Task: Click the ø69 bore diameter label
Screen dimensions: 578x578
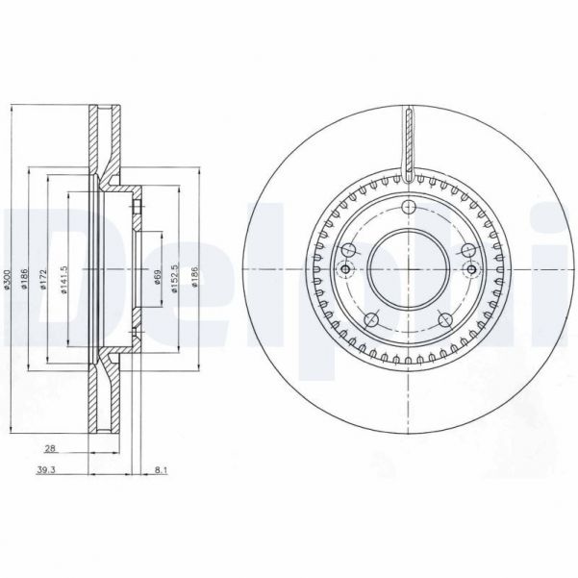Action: pos(158,280)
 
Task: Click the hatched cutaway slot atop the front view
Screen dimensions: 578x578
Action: pos(408,144)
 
